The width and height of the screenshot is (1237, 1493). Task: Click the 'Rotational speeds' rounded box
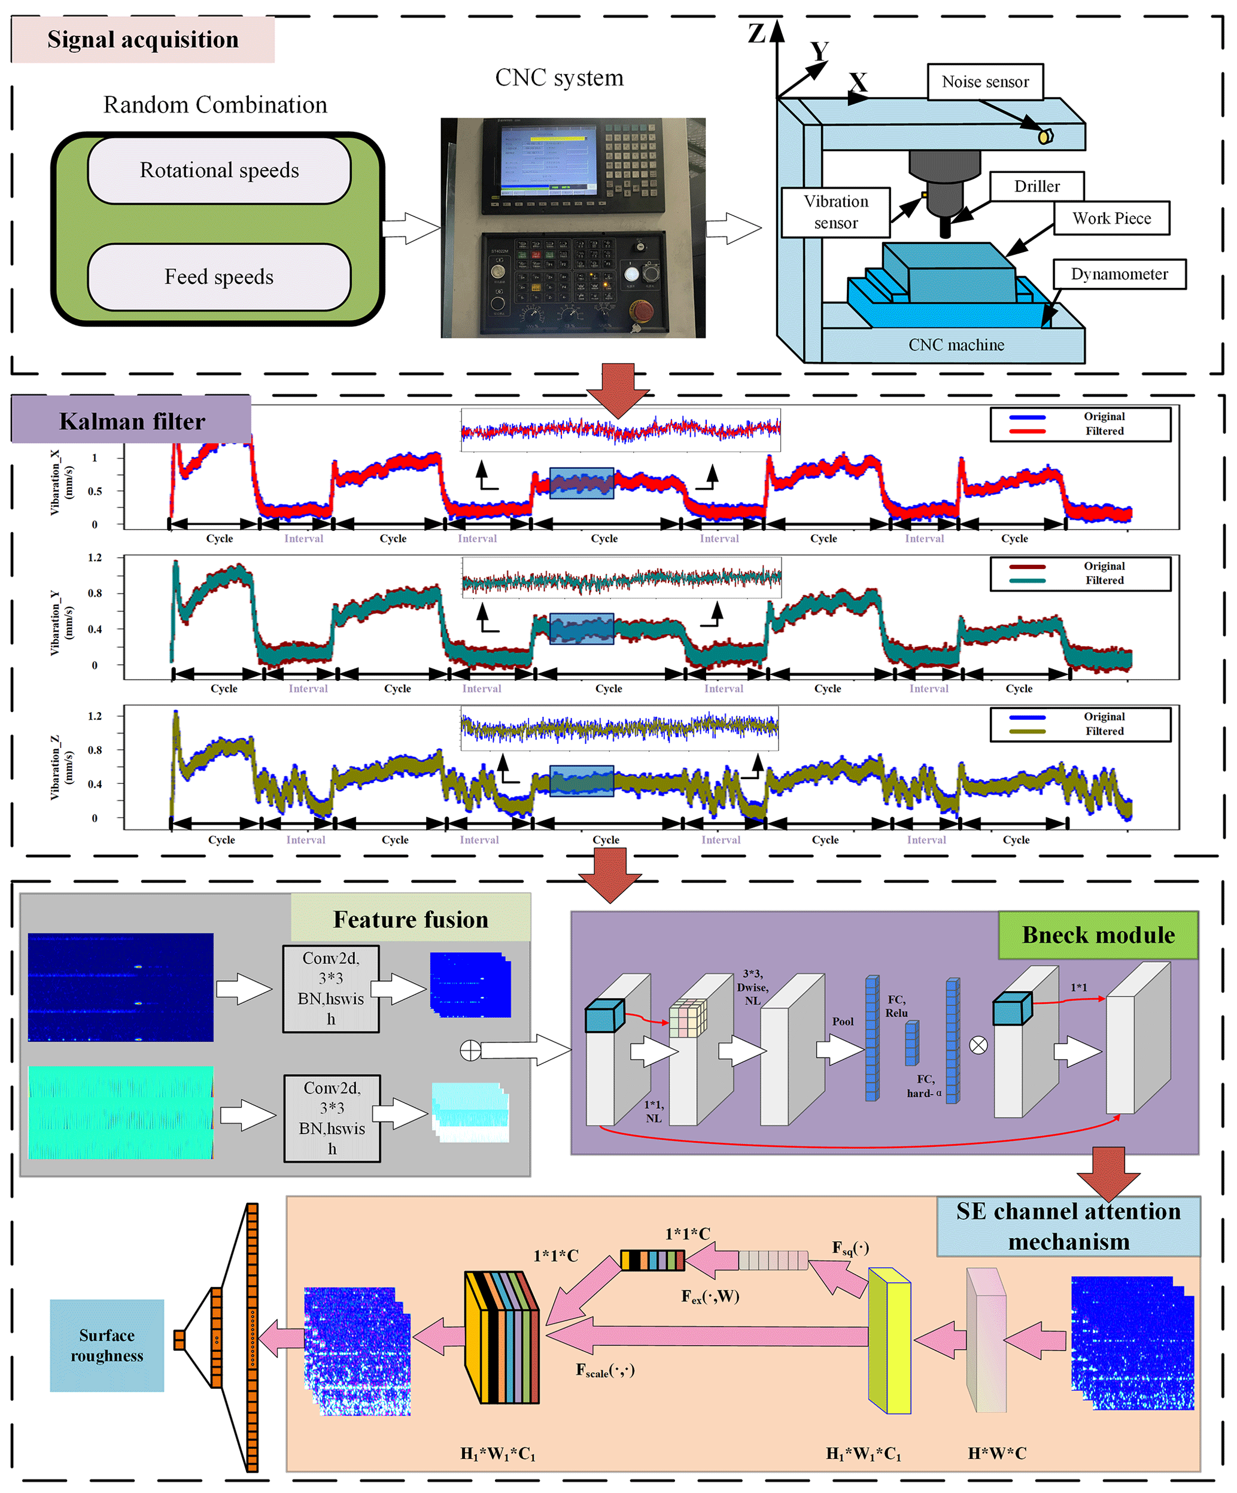click(x=219, y=171)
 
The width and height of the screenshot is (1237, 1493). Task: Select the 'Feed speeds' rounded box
click(x=219, y=277)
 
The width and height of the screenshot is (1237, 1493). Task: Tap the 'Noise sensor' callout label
click(x=984, y=82)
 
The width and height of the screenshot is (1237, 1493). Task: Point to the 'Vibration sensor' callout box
click(x=835, y=212)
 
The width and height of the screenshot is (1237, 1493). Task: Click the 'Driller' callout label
click(x=1037, y=186)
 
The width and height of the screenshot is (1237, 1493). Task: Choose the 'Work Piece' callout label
click(x=1111, y=218)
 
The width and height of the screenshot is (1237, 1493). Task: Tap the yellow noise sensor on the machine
click(x=1045, y=136)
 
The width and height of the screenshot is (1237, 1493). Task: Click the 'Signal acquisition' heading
click(x=143, y=40)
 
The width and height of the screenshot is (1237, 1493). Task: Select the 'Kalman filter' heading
click(x=132, y=421)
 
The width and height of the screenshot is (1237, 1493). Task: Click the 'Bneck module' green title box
click(x=1098, y=935)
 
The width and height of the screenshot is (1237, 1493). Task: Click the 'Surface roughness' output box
click(x=107, y=1345)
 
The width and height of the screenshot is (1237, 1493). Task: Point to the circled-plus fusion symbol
click(x=470, y=1050)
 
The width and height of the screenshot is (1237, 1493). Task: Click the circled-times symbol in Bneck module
click(x=978, y=1044)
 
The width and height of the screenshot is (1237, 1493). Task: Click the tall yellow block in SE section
click(x=889, y=1340)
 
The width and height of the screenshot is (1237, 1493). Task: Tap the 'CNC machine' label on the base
click(x=956, y=345)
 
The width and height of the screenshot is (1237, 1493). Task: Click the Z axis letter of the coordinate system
click(x=756, y=33)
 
